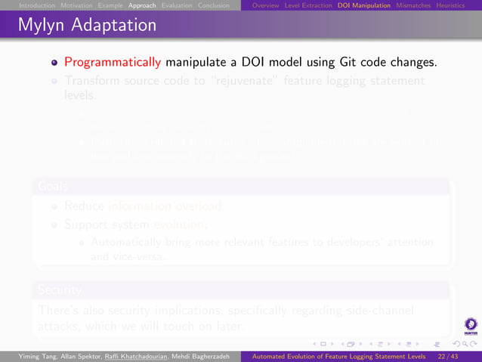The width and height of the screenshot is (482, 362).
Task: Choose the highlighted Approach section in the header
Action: [x=143, y=5]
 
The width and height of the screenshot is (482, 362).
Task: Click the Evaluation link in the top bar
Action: [x=177, y=5]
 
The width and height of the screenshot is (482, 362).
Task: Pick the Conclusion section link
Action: [x=215, y=5]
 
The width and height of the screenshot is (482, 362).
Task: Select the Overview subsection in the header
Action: [x=266, y=5]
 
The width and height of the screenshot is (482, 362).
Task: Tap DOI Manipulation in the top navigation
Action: [x=364, y=5]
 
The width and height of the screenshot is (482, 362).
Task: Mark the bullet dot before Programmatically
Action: [x=55, y=62]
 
